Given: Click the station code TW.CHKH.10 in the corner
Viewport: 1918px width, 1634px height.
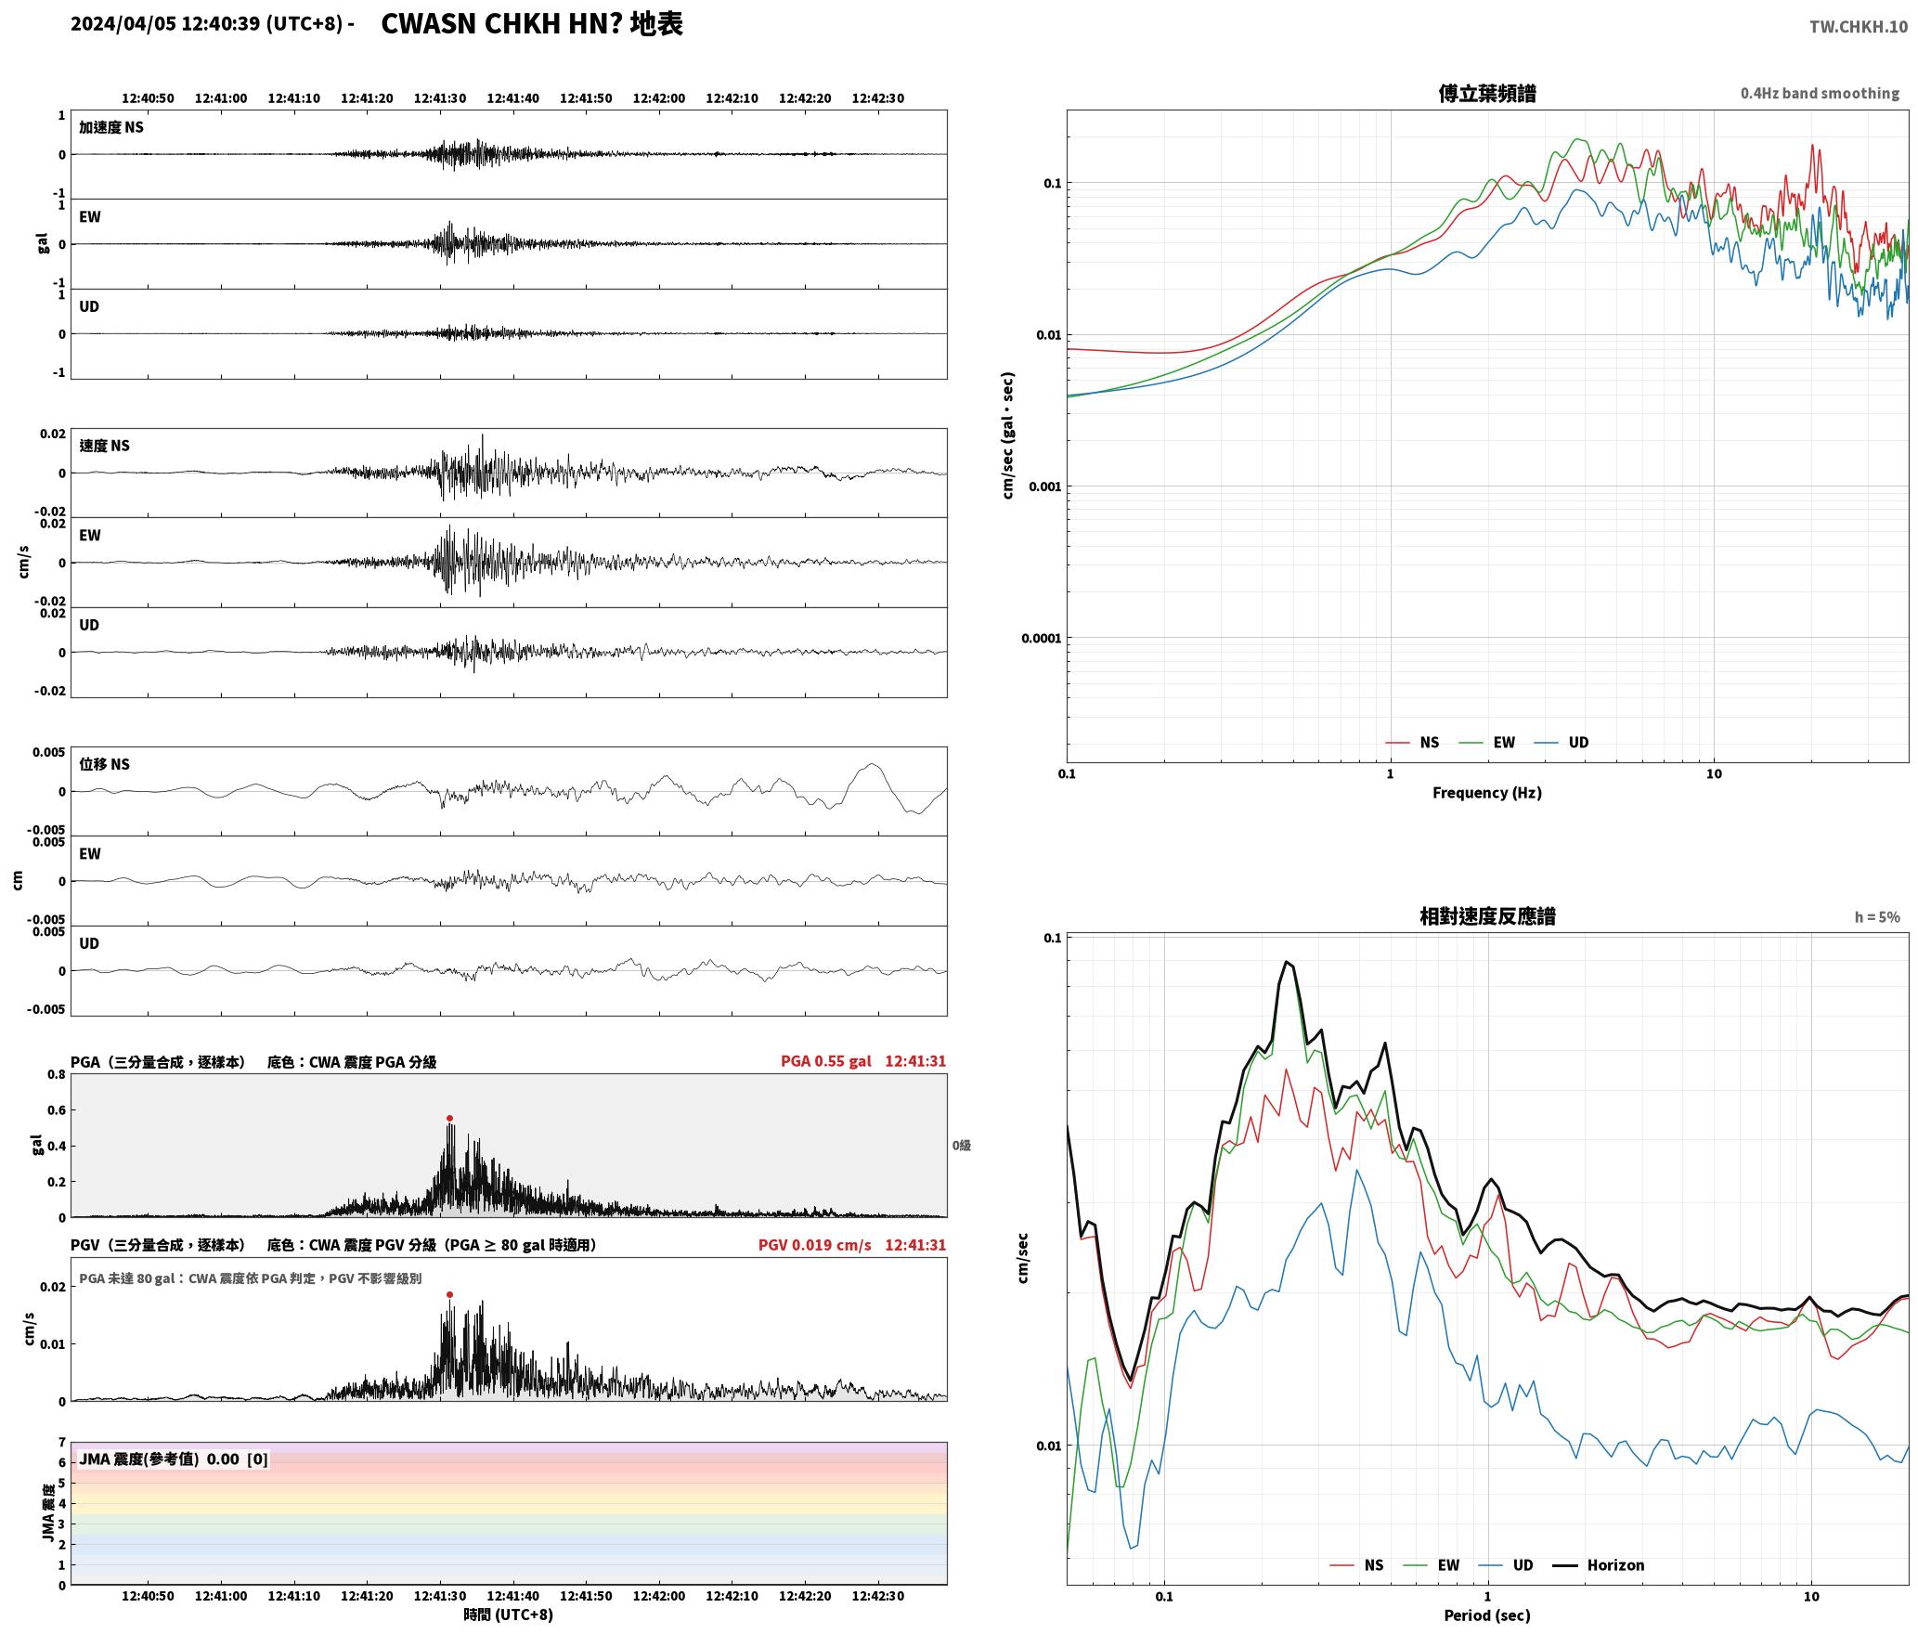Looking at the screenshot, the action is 1859,26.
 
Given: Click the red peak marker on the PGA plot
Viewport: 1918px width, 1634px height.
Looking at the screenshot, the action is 449,1119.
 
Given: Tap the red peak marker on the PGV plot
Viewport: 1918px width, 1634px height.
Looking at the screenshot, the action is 449,1294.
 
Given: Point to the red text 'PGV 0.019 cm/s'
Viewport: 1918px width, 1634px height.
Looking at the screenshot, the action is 814,1245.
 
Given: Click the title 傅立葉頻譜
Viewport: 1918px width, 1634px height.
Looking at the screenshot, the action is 1486,94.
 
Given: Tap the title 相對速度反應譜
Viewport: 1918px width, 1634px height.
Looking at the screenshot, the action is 1487,916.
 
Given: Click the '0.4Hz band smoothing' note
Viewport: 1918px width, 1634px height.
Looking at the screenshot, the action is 1820,94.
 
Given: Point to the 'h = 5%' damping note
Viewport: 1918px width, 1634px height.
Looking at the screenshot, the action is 1877,917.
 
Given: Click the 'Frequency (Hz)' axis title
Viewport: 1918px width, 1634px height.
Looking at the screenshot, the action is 1486,793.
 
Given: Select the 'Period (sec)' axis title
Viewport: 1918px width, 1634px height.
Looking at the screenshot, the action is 1486,1615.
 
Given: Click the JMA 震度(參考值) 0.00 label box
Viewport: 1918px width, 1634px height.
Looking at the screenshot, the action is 174,1459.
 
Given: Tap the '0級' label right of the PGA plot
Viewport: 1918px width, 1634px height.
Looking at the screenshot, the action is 961,1146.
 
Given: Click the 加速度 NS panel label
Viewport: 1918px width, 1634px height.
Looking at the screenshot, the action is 111,127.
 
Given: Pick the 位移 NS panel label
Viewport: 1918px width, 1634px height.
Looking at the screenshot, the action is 104,764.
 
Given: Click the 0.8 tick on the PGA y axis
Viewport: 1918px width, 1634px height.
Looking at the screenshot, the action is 56,1075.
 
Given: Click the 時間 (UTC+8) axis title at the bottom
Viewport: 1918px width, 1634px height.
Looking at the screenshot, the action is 509,1615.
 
